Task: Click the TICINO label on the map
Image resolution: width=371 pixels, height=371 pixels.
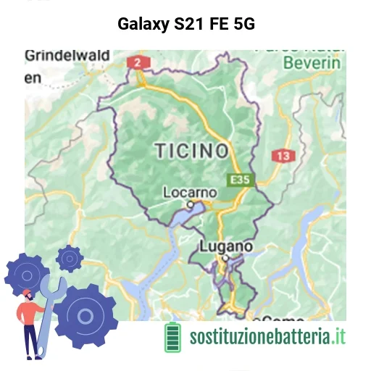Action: (191, 151)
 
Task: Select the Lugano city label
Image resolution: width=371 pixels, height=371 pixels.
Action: (225, 246)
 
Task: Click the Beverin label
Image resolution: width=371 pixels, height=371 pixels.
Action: (312, 62)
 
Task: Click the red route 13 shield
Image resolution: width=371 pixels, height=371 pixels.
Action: (283, 156)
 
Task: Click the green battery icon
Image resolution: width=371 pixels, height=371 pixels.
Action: (173, 336)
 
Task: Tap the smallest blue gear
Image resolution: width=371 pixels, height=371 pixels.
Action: (70, 257)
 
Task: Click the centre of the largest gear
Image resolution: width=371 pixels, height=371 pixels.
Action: (86, 316)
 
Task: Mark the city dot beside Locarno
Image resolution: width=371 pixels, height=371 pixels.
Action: (191, 204)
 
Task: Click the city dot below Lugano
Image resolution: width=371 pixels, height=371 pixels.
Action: (225, 258)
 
